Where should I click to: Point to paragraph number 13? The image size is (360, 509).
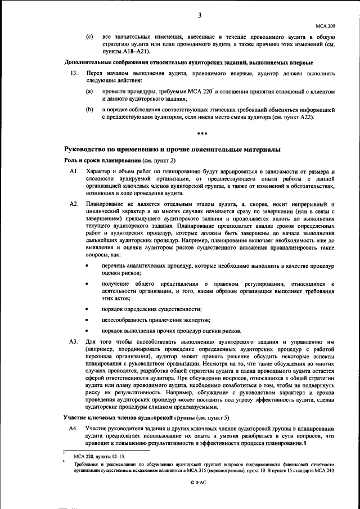pyautogui.click(x=73, y=73)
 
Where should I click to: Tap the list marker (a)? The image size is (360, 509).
pyautogui.click(x=89, y=91)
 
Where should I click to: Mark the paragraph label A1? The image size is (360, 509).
pyautogui.click(x=73, y=170)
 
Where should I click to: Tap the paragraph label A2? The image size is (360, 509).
pyautogui.click(x=73, y=202)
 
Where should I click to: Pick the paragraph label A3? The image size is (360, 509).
pyautogui.click(x=73, y=341)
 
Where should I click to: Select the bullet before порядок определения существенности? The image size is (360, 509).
pyautogui.click(x=87, y=309)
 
